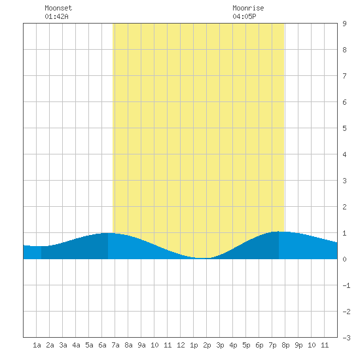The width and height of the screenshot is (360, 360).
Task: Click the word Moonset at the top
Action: point(58,8)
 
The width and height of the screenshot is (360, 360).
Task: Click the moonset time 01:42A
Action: point(56,16)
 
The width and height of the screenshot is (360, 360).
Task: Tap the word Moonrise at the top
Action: point(248,8)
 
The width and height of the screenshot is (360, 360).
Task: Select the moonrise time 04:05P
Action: point(244,16)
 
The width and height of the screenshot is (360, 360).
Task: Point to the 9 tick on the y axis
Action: point(344,24)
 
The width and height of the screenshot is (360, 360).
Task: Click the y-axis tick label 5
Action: point(344,128)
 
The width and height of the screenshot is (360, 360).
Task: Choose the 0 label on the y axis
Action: point(344,259)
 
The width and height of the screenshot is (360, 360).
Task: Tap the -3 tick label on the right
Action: point(346,338)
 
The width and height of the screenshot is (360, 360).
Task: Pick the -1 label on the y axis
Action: point(346,285)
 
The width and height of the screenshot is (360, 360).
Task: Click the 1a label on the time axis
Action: point(37,345)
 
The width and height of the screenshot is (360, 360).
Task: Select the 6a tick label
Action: point(102,345)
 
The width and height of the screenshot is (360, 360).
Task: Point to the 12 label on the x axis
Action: point(181,345)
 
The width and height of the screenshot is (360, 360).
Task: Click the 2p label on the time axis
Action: point(207,345)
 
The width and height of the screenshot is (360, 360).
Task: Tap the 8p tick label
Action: point(285,345)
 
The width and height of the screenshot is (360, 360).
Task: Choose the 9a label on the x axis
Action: point(141,345)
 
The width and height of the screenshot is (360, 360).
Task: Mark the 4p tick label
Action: point(233,345)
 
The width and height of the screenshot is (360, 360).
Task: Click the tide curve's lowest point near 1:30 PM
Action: point(200,258)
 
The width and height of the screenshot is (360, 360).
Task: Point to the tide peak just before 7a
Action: point(108,233)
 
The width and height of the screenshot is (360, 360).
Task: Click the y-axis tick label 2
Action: point(344,207)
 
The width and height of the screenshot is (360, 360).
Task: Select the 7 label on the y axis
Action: point(344,76)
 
